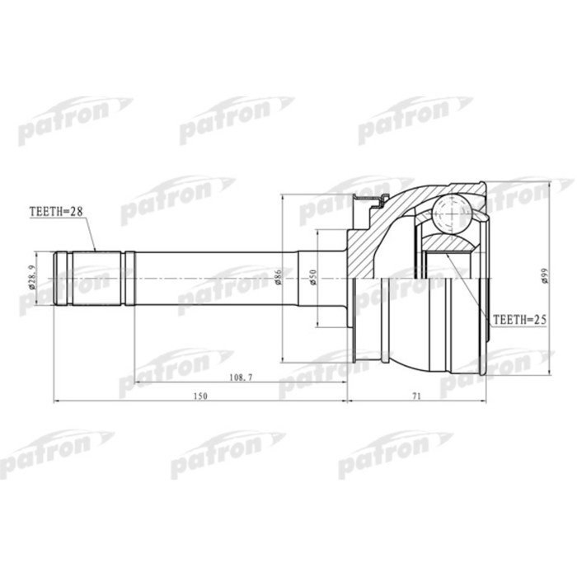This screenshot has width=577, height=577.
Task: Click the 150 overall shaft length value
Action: [x=199, y=396]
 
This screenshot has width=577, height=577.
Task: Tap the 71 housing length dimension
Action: [x=417, y=396]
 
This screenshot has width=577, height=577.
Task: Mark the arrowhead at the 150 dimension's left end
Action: [x=57, y=401]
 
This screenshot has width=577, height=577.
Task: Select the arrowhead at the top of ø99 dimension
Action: [x=551, y=183]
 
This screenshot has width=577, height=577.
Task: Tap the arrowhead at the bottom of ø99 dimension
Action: [x=551, y=373]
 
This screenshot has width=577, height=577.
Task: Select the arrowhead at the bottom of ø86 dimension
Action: [x=284, y=359]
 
